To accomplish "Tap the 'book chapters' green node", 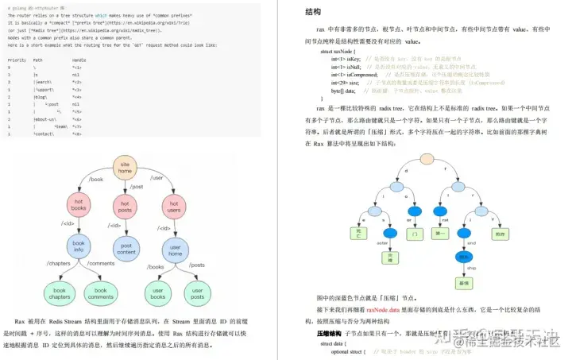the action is click(x=57, y=293).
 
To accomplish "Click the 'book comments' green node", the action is click(x=100, y=293).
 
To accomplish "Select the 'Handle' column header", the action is click(x=79, y=60).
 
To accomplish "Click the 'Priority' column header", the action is click(x=17, y=60).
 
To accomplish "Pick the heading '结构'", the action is click(x=313, y=12).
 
